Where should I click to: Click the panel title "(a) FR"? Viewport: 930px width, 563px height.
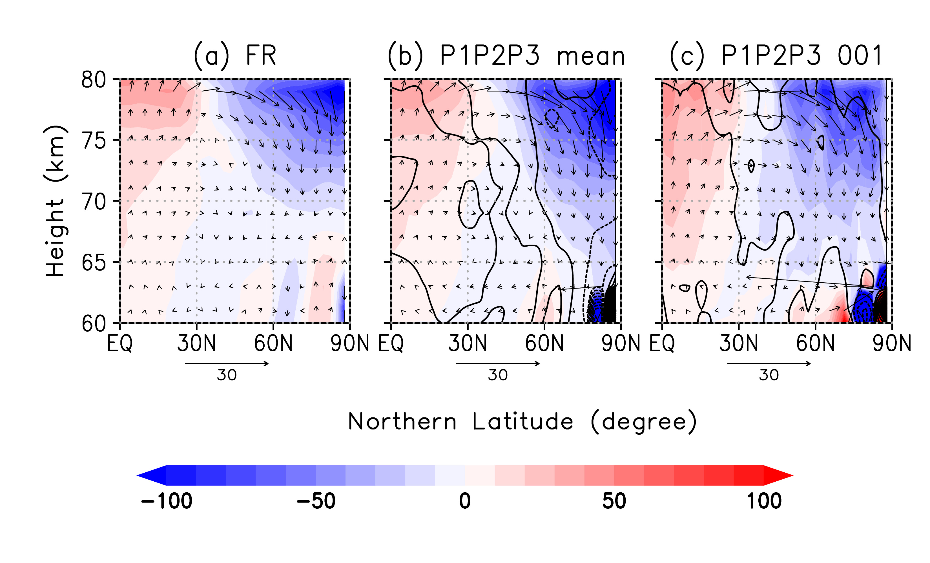(x=235, y=56)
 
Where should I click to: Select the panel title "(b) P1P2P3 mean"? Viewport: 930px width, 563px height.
(x=506, y=56)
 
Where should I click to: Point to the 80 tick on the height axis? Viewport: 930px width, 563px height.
(x=94, y=80)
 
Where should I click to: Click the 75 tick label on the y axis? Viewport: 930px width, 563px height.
(x=94, y=141)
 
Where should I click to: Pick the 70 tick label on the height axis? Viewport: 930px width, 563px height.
(x=94, y=202)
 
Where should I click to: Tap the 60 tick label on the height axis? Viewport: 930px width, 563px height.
(x=94, y=323)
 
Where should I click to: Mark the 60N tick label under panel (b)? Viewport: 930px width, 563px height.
(x=544, y=343)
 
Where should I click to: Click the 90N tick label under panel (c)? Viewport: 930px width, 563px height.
(x=891, y=343)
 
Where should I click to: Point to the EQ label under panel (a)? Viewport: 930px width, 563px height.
(x=120, y=343)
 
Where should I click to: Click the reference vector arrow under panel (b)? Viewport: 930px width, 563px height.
(x=498, y=363)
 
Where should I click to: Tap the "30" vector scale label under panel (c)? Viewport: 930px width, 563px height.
(x=769, y=375)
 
